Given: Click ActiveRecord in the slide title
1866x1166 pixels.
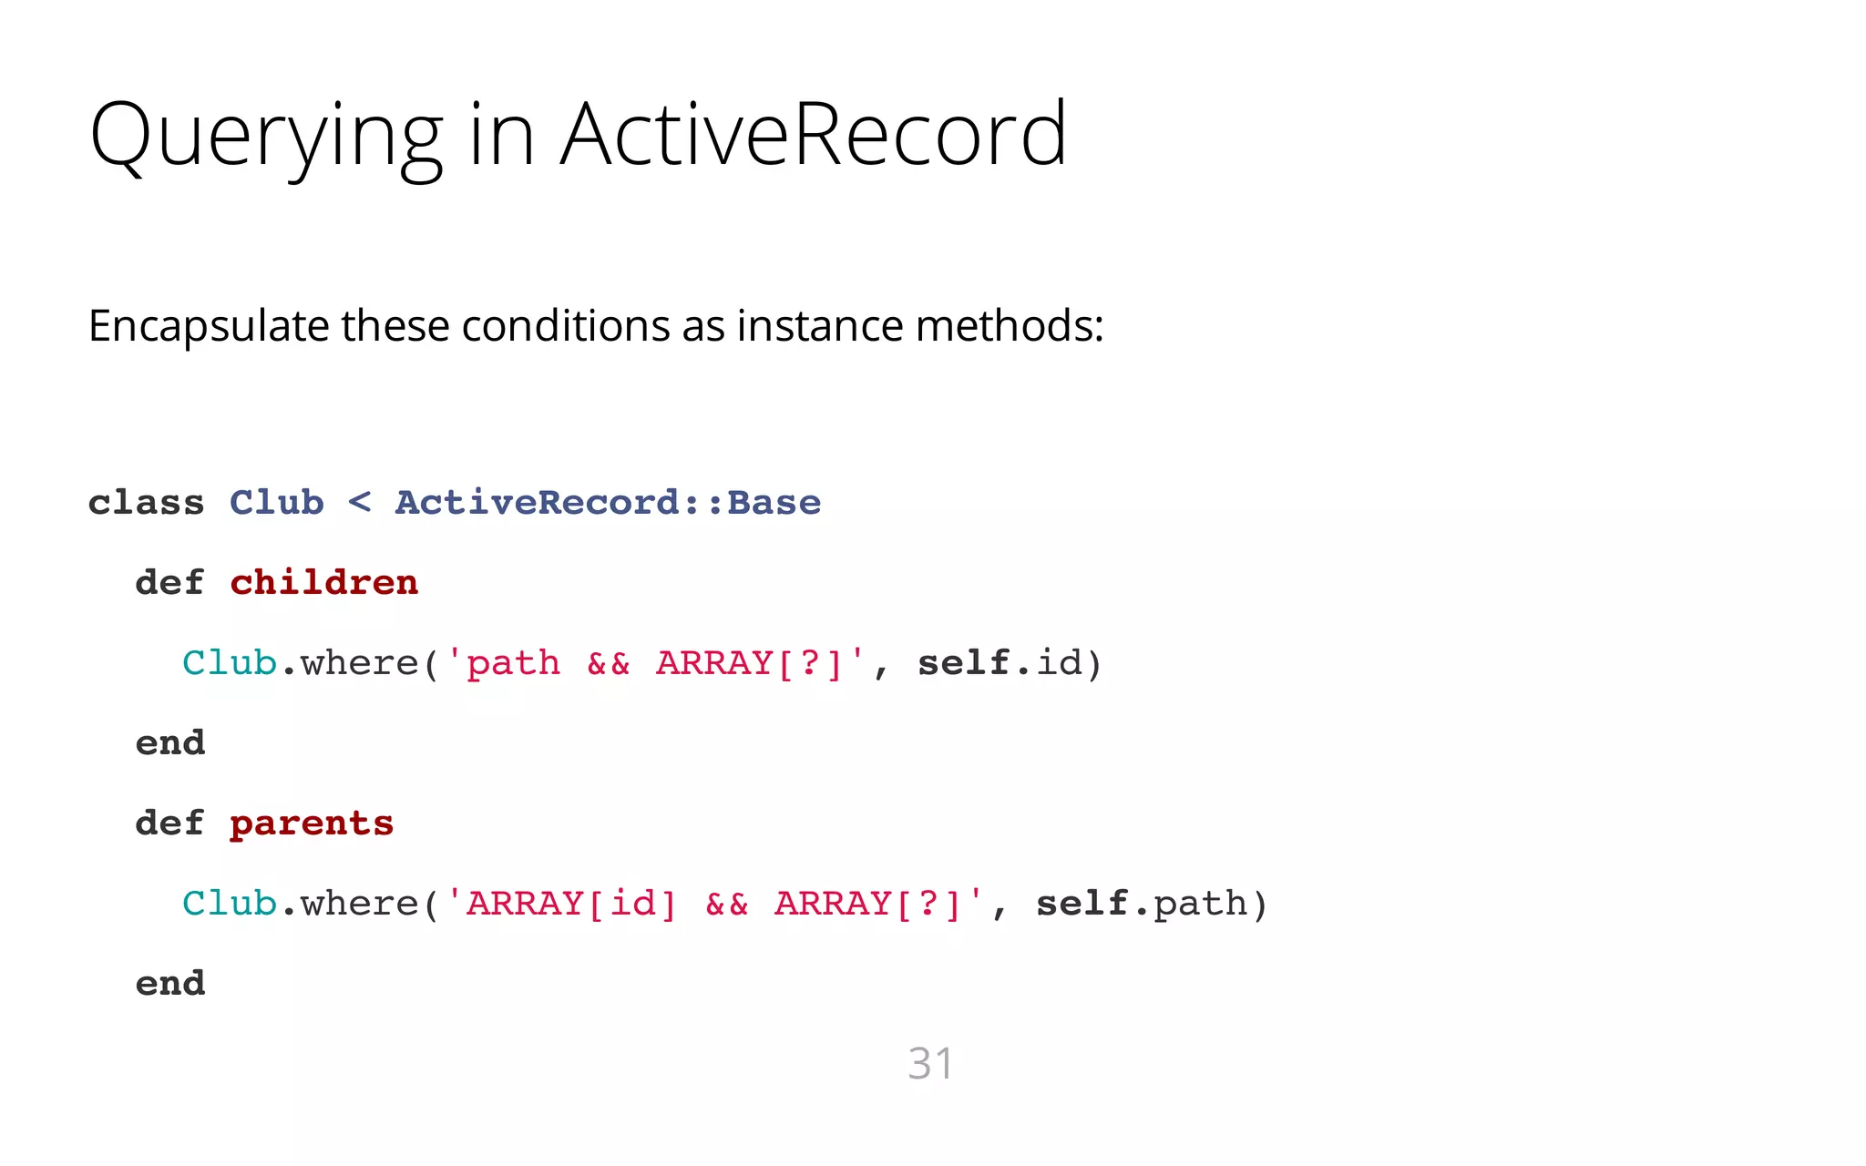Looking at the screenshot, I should click(x=813, y=135).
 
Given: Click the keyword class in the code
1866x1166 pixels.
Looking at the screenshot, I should click(x=146, y=503).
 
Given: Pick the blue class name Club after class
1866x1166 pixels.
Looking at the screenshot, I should click(x=276, y=503).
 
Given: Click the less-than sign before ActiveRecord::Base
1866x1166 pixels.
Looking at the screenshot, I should click(x=360, y=501).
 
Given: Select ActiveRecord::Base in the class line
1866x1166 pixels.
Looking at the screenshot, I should click(x=608, y=503).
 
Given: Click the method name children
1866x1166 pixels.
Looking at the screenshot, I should click(x=323, y=583).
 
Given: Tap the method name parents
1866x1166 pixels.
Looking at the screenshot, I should click(x=311, y=824).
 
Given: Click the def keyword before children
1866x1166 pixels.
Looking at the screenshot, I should click(x=169, y=583).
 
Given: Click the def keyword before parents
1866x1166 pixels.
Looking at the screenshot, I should click(x=169, y=823).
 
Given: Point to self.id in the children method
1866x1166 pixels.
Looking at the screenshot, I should click(x=1009, y=663).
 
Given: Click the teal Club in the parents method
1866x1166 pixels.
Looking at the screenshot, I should click(x=229, y=904).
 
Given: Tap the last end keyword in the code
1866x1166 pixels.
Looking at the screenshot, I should click(x=170, y=984).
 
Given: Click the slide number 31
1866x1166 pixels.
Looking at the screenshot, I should click(x=930, y=1063).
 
